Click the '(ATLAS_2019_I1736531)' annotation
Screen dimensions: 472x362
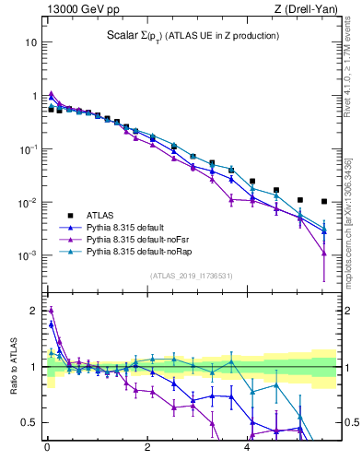tap(191, 275)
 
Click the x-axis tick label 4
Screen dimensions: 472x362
tap(247, 451)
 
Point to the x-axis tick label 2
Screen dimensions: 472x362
tap(147, 451)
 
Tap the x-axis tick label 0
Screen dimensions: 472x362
tap(47, 451)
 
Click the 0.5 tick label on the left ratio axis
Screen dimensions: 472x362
tap(29, 423)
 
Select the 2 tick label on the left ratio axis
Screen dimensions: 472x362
tap(33, 311)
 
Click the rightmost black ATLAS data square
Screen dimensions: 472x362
tap(324, 201)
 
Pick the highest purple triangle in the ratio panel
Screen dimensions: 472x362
tap(51, 310)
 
